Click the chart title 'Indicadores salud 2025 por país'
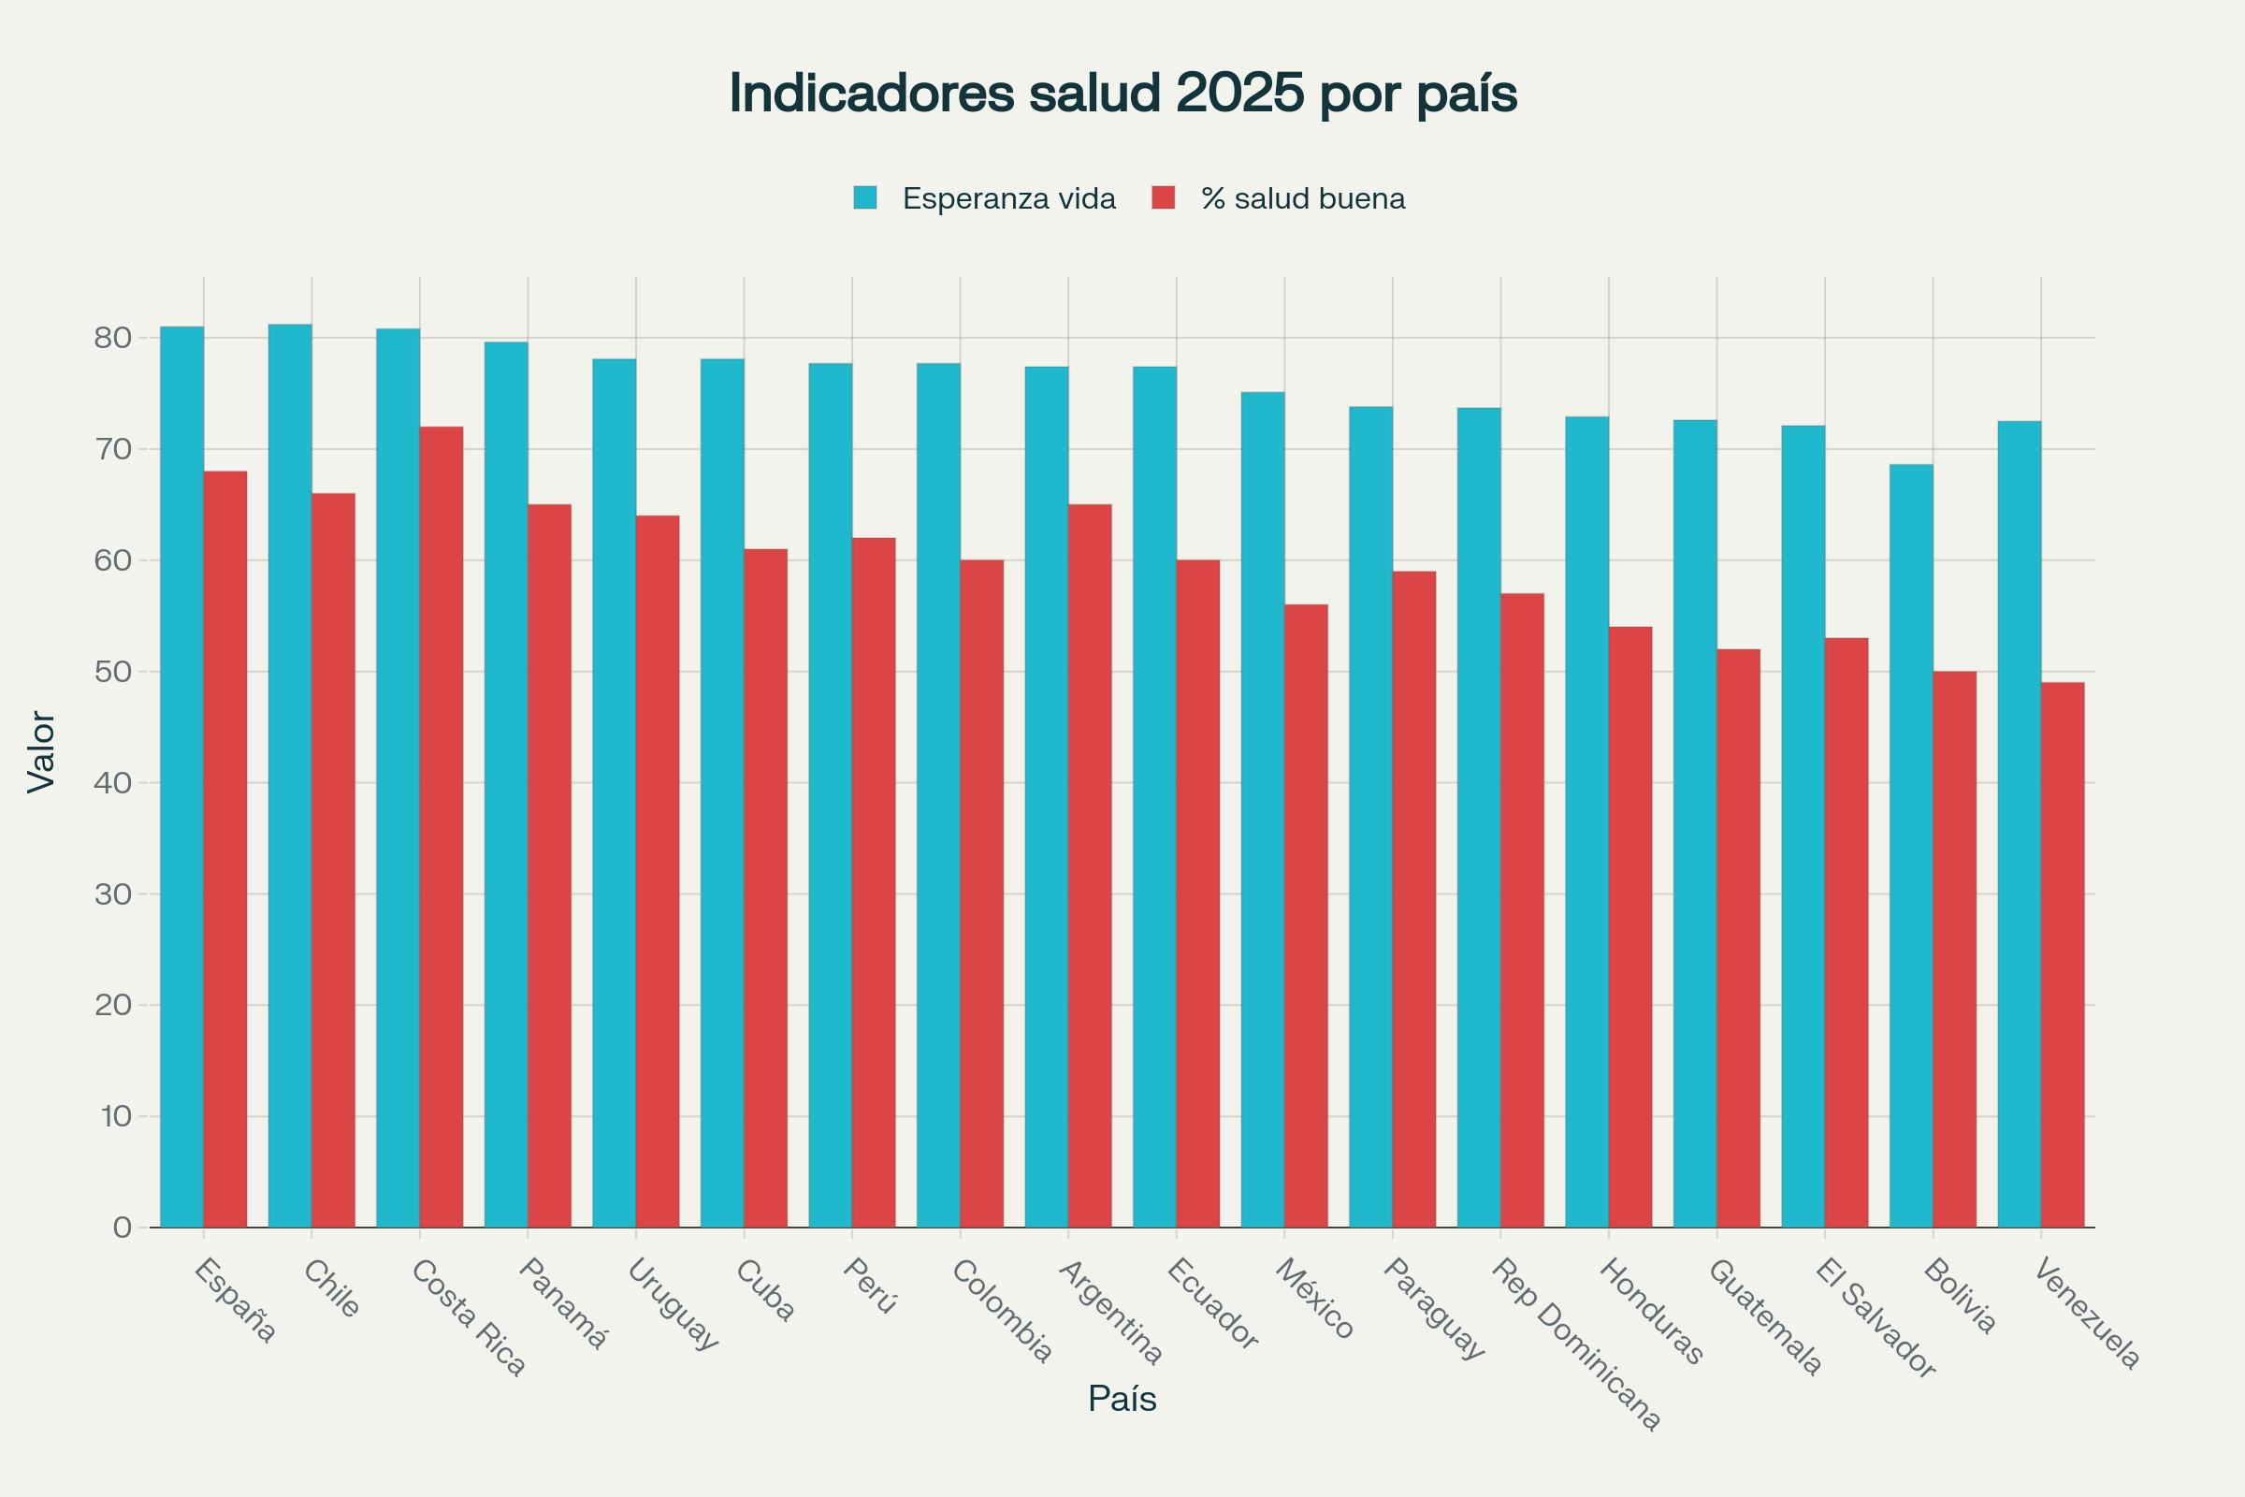pyautogui.click(x=1122, y=94)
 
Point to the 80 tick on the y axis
pyautogui.click(x=112, y=338)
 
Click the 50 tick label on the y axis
pyautogui.click(x=112, y=671)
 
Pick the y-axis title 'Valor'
pyautogui.click(x=41, y=751)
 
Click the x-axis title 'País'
pyautogui.click(x=1122, y=1399)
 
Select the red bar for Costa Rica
pyautogui.click(x=441, y=827)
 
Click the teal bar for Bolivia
pyautogui.click(x=1911, y=846)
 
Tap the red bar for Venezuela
pyautogui.click(x=2063, y=954)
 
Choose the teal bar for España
pyautogui.click(x=181, y=778)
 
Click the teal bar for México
pyautogui.click(x=1262, y=809)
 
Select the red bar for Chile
pyautogui.click(x=333, y=860)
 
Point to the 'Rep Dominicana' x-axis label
pyautogui.click(x=1575, y=1344)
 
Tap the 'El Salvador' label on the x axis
pyautogui.click(x=1875, y=1317)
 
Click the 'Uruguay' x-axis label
pyautogui.click(x=672, y=1304)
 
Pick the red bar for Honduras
pyautogui.click(x=1630, y=927)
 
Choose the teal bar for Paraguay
pyautogui.click(x=1370, y=817)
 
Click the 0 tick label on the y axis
pyautogui.click(x=123, y=1228)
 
